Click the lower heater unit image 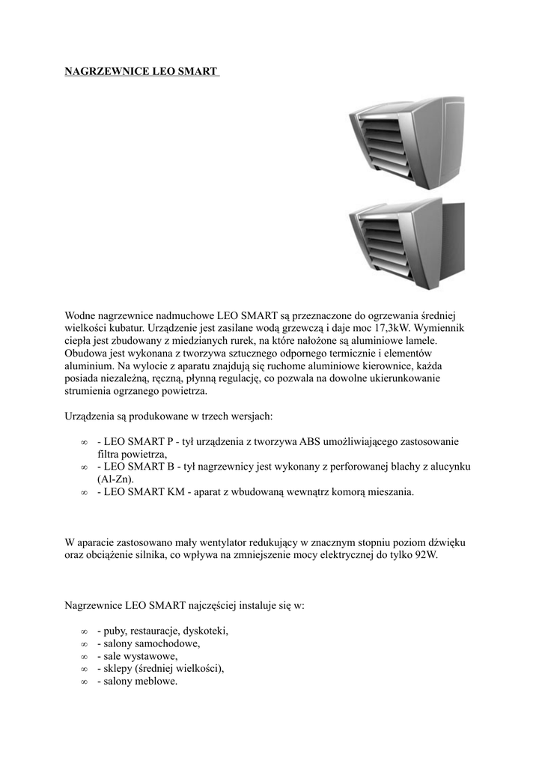pyautogui.click(x=407, y=243)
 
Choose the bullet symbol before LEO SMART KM pyautogui.click(x=84, y=493)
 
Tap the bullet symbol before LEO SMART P pyautogui.click(x=84, y=442)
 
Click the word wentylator pyautogui.click(x=219, y=542)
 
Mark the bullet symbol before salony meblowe pyautogui.click(x=84, y=682)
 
